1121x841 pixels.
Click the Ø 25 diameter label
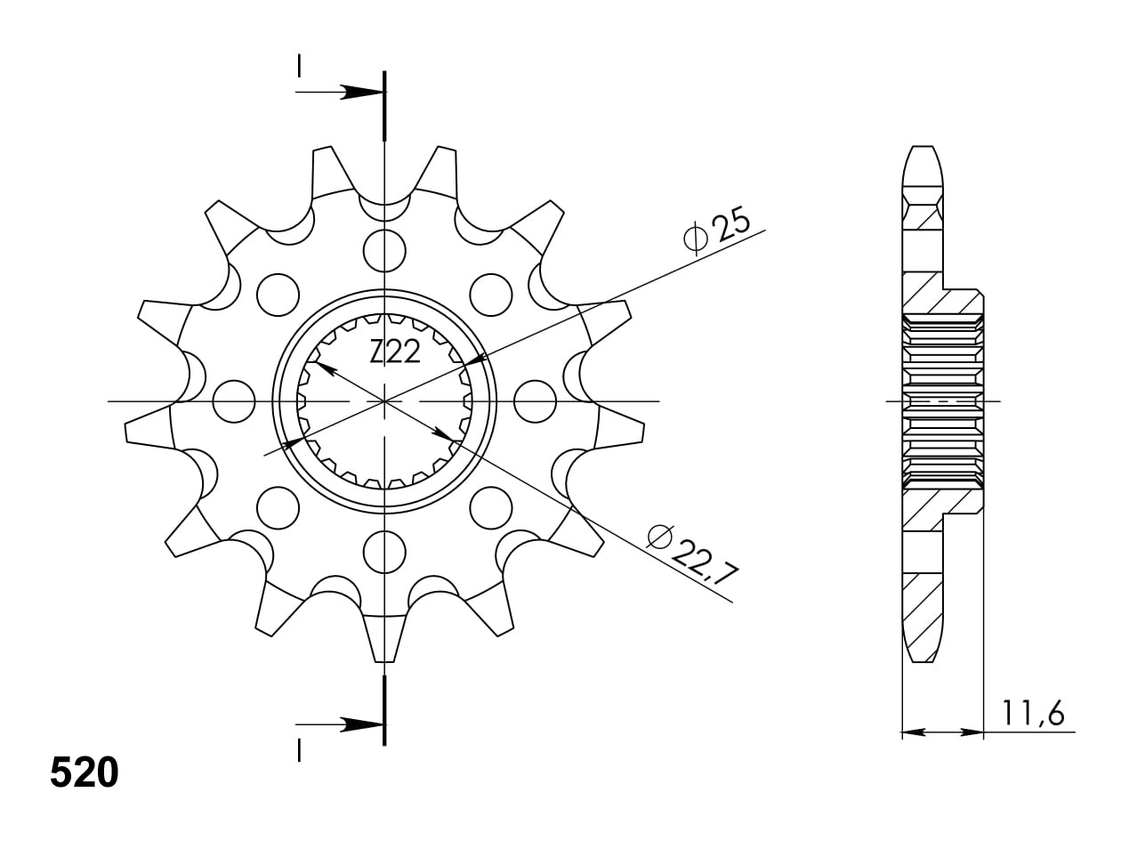tap(716, 230)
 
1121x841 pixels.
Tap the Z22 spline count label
tap(395, 352)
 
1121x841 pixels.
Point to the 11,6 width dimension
tap(1033, 714)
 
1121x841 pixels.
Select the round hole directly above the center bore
tap(384, 251)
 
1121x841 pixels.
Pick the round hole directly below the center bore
tap(384, 552)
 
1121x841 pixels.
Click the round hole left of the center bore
tap(234, 401)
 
